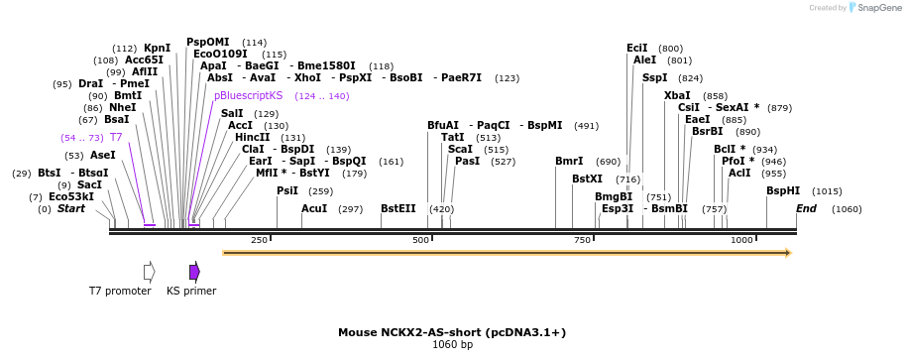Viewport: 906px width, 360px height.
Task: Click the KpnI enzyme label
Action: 157,48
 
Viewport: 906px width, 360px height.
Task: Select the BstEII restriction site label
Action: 397,209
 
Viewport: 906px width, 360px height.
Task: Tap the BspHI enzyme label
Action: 783,190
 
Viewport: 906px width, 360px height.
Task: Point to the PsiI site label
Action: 286,190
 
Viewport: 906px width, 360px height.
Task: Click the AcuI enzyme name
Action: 314,209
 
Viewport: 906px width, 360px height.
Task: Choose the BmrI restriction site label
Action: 569,161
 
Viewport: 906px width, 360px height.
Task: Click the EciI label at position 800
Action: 636,48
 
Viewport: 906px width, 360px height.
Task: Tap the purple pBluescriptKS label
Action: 248,96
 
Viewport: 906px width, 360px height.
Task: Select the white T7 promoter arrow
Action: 149,272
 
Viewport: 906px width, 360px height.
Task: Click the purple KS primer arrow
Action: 194,272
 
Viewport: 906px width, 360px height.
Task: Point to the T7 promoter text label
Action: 120,291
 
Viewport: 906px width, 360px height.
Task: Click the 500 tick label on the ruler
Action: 420,240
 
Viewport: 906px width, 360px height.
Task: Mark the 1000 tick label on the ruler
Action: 741,240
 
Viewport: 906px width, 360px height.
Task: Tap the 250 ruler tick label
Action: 260,240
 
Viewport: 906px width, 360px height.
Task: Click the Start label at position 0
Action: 70,209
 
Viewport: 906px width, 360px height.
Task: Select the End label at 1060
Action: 806,209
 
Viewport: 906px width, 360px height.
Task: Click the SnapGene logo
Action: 872,8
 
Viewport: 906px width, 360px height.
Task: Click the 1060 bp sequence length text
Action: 452,345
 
